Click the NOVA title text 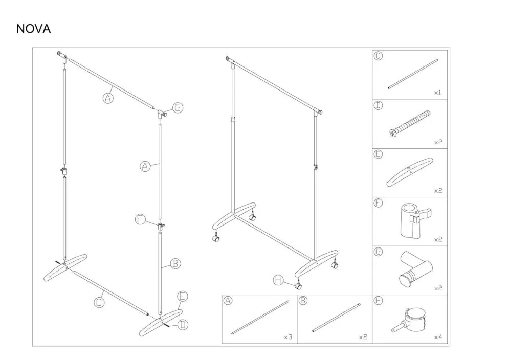pos(33,29)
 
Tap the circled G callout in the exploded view pos(178,107)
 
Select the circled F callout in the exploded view pos(140,219)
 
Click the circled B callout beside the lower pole pos(175,263)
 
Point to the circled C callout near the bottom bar pos(99,302)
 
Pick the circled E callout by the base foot pos(183,297)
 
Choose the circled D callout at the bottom pos(183,324)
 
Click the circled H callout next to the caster pos(278,280)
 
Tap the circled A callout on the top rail pos(108,98)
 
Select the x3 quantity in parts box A pos(288,337)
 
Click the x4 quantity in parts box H pos(438,337)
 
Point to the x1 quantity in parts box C pos(438,93)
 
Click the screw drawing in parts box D pos(410,124)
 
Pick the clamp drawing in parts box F pos(416,220)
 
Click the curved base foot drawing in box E pos(409,172)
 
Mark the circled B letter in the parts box pos(302,301)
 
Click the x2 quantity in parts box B pos(363,337)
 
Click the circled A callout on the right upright pos(145,167)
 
